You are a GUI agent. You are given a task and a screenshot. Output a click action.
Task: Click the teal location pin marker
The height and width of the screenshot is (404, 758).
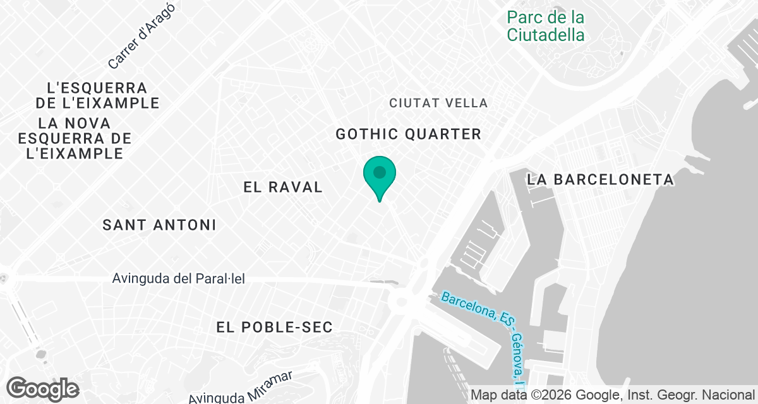[x=379, y=177]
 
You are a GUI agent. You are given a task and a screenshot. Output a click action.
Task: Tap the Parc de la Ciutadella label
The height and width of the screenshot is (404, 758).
[x=545, y=26]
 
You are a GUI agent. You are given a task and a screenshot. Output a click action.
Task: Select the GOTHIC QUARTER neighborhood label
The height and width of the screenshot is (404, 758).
[x=408, y=134]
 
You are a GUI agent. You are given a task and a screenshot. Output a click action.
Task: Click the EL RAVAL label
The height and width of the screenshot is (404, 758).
[x=283, y=187]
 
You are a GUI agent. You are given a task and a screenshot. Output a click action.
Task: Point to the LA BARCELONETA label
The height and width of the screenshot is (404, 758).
[x=600, y=180]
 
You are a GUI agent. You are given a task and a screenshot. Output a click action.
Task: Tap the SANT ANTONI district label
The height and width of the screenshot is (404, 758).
[x=159, y=225]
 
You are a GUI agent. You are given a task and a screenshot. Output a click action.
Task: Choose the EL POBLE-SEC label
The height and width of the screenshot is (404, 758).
[x=274, y=327]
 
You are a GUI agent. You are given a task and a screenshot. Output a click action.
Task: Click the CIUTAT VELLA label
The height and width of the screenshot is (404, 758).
[x=438, y=103]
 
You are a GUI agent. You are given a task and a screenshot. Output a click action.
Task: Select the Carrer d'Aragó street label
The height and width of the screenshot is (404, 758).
[x=141, y=35]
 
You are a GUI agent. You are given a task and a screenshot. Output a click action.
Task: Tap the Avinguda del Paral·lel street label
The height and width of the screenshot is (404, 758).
[x=178, y=278]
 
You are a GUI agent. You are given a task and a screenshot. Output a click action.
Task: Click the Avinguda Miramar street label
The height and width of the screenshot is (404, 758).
[x=241, y=388]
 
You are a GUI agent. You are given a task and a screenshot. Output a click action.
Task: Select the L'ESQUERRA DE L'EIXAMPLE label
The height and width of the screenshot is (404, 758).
[x=97, y=95]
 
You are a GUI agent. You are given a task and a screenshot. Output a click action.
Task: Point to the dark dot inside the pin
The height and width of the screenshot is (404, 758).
[x=379, y=171]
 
